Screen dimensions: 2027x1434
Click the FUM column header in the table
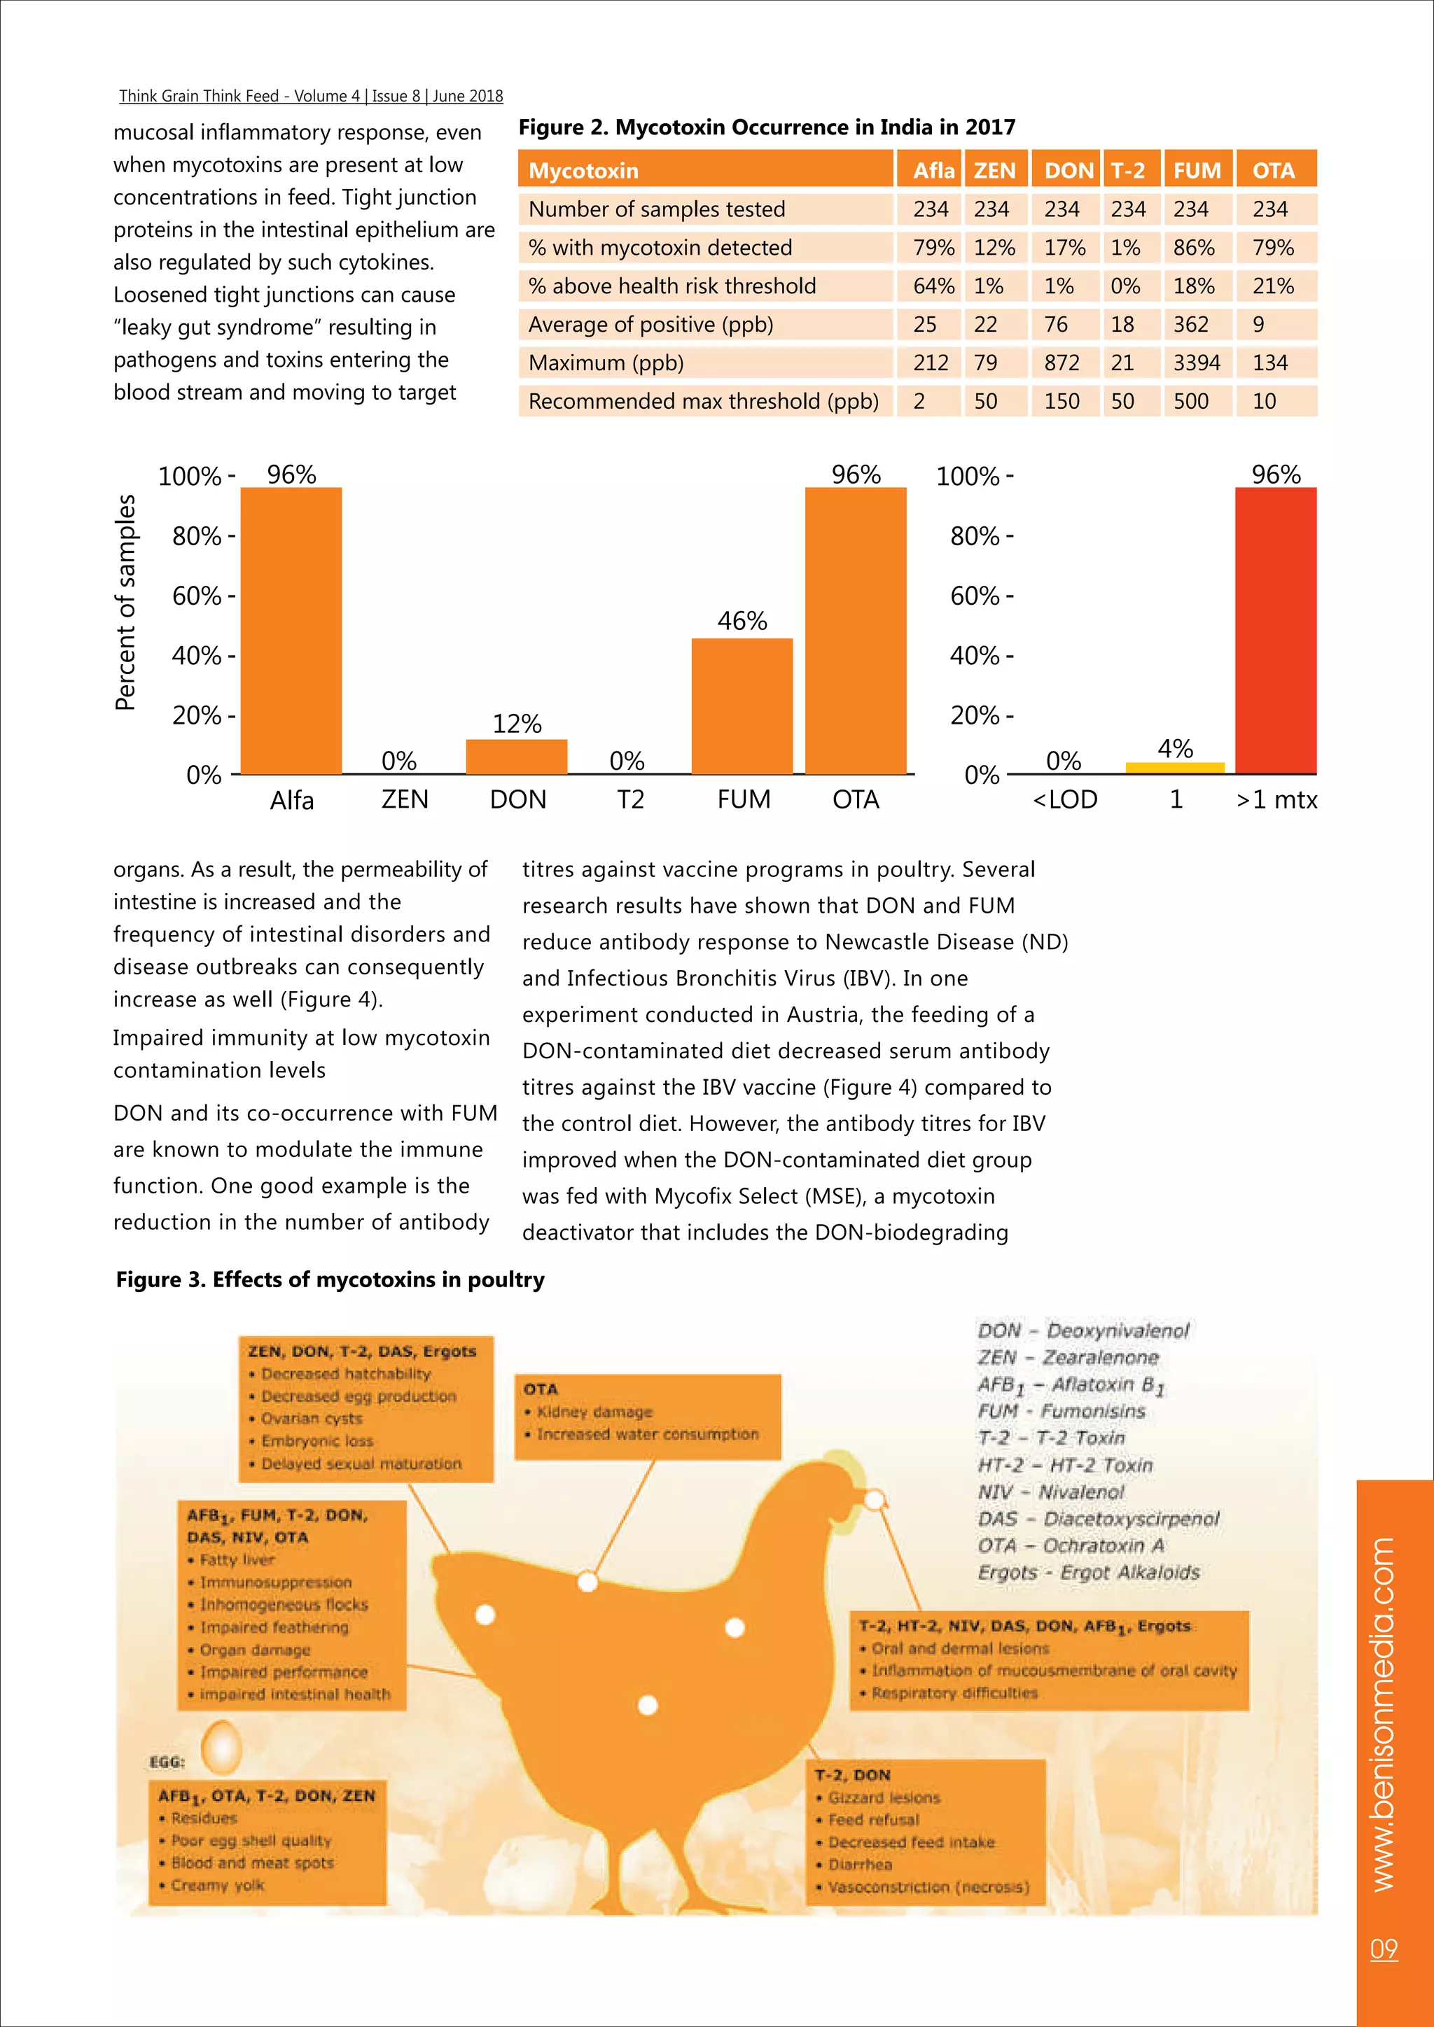pos(1197,170)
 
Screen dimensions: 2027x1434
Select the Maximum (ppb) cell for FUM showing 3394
pos(1197,363)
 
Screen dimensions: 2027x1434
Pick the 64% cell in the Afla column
pos(933,286)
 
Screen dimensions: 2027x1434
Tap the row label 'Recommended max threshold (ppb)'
pos(703,402)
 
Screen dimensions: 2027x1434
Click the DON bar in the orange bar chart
pos(517,757)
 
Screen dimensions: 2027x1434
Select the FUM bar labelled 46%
pos(742,706)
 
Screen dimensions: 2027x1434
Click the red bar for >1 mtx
pos(1275,631)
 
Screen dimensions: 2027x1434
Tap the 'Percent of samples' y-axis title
pos(125,602)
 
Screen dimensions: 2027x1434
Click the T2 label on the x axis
pos(629,800)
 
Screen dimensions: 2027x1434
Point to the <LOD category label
pos(1065,800)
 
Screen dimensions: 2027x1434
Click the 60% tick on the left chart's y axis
pos(197,596)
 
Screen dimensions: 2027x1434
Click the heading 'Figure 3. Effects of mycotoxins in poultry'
pos(330,1279)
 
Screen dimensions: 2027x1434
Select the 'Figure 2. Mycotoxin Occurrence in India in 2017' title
pos(767,127)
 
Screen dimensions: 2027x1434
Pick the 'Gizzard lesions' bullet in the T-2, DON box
pos(883,1797)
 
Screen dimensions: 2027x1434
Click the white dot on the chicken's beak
pos(874,1499)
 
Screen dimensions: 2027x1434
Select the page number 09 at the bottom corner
pos(1384,1949)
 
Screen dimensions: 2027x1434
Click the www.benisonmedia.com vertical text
pos(1384,1713)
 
